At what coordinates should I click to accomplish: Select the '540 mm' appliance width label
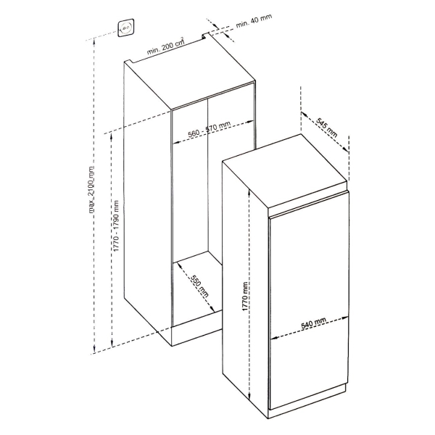pyautogui.click(x=313, y=325)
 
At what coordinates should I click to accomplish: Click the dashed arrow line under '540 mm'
pyautogui.click(x=311, y=335)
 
